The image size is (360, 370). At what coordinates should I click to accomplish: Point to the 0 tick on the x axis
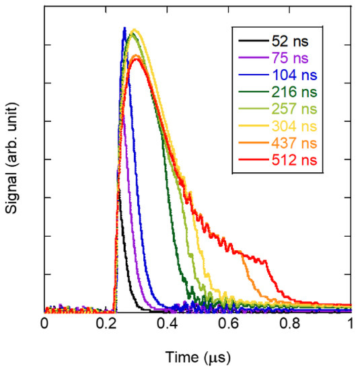coord(44,324)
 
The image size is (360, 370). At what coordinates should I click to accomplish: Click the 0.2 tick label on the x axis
coord(106,324)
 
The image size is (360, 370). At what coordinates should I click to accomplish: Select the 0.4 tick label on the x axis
coord(168,324)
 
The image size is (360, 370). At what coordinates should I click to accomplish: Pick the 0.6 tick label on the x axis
coord(229,324)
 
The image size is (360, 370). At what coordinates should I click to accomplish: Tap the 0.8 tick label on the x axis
coord(290,324)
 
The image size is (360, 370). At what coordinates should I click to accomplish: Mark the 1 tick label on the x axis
coord(351,324)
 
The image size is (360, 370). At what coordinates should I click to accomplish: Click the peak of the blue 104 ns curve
coord(124,28)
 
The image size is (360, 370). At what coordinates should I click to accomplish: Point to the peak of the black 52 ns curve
coord(118,190)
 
